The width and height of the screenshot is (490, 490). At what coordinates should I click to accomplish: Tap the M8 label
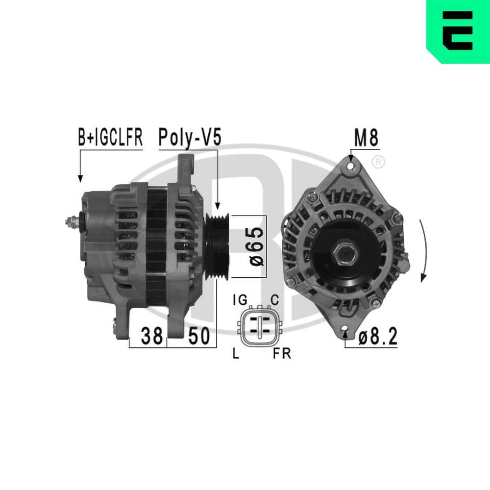[366, 139]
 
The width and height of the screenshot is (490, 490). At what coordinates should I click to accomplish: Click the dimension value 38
[151, 336]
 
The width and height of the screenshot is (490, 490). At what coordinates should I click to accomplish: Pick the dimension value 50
[198, 336]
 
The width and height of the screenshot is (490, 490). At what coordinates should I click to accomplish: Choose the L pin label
[236, 354]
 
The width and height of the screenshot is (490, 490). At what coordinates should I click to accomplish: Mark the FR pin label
[282, 354]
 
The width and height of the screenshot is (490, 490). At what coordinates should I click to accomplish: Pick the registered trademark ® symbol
[378, 161]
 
